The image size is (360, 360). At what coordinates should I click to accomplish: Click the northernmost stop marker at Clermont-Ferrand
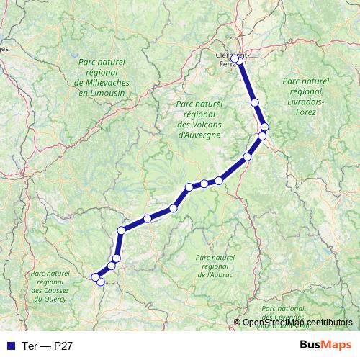(x=235, y=59)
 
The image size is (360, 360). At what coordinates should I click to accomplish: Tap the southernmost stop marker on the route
(x=101, y=282)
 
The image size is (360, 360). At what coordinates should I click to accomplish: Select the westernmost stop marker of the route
(x=94, y=276)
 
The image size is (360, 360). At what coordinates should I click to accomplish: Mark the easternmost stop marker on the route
(x=264, y=127)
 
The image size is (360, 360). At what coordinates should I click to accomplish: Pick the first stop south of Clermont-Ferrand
(x=255, y=103)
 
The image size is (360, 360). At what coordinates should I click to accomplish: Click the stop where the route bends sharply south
(x=122, y=230)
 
